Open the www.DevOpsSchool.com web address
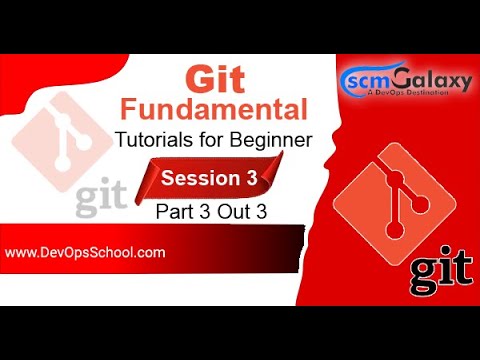[85, 253]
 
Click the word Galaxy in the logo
[427, 78]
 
